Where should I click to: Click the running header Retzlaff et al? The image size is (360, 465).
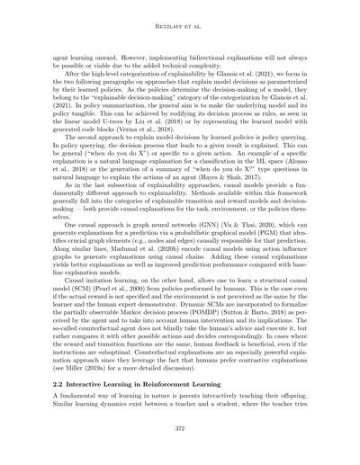[179, 28]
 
